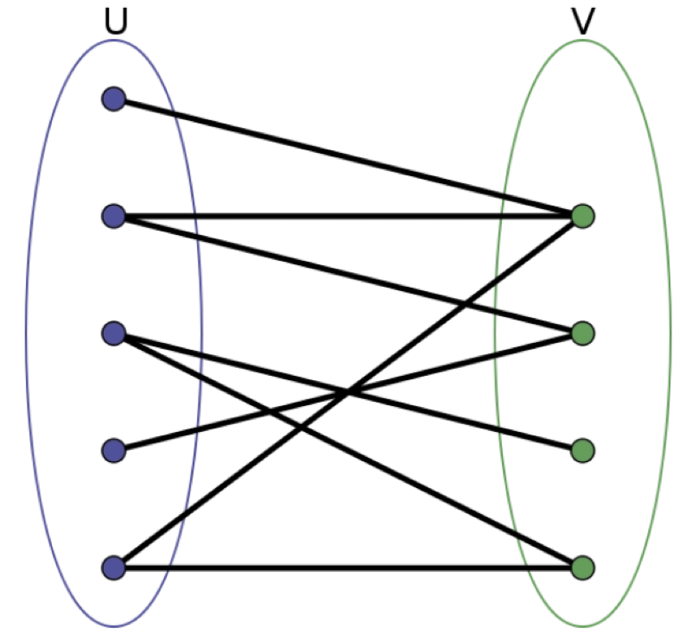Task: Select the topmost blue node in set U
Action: pos(113,99)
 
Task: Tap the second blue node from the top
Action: pos(113,216)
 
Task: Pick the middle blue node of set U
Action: pos(113,333)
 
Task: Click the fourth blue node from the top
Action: pos(113,450)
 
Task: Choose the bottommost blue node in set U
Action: pos(113,568)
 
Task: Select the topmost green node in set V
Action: pos(583,216)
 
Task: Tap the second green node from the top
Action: pos(583,333)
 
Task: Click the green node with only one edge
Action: pos(583,450)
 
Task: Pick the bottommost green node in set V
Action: pos(583,568)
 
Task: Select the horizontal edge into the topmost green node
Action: pos(346,216)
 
